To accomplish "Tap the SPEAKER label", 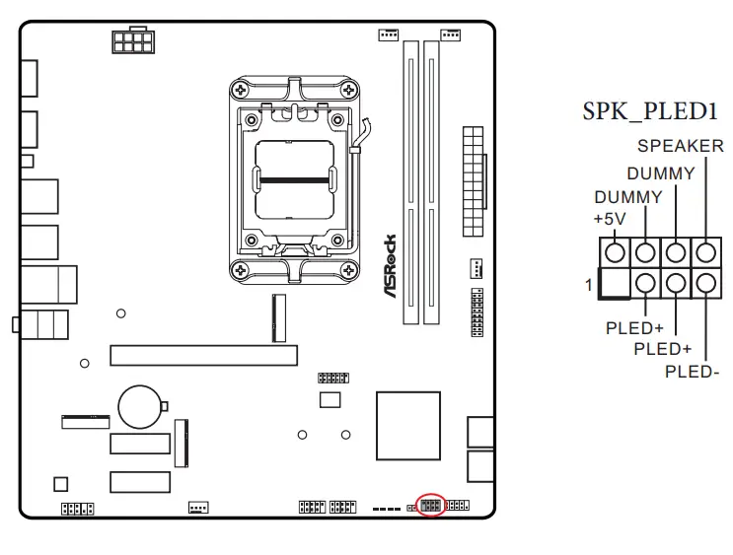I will tap(679, 147).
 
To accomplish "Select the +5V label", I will tap(610, 217).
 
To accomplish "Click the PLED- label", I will tap(692, 372).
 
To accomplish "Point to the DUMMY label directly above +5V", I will tap(627, 197).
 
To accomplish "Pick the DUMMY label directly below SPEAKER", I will tap(660, 173).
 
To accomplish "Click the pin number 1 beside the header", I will tap(589, 285).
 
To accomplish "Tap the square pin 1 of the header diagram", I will tap(615, 284).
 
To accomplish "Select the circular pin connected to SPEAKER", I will tap(705, 253).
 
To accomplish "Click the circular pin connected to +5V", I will tap(615, 253).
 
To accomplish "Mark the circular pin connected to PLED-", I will tap(705, 284).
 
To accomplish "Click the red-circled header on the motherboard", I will tap(430, 506).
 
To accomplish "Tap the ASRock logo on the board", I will tap(391, 267).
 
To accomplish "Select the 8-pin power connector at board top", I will tap(131, 40).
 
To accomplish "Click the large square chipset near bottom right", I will tap(407, 422).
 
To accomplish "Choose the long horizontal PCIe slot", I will tap(203, 355).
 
